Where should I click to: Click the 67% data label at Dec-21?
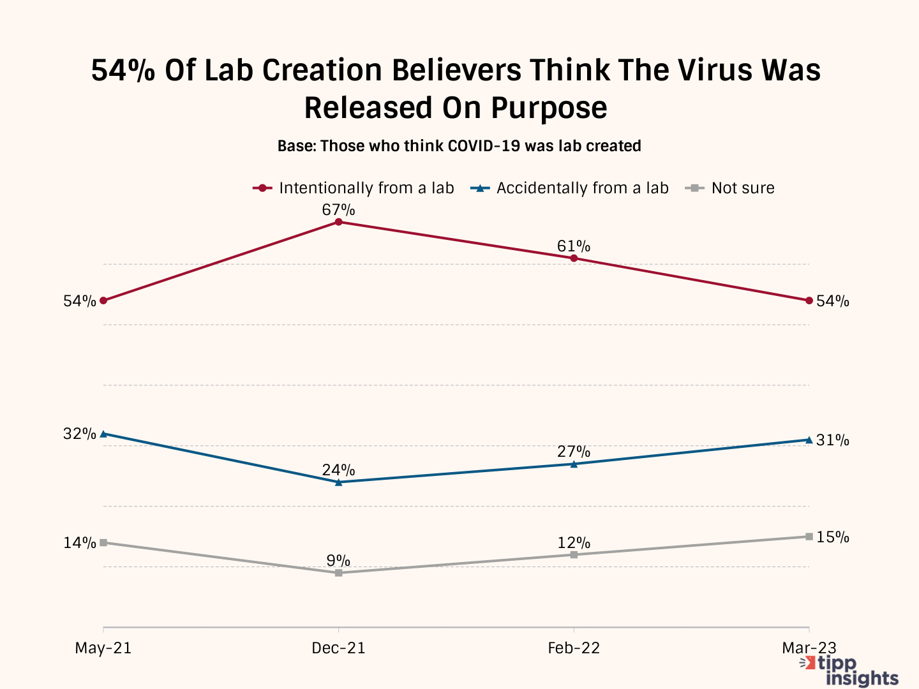click(x=338, y=210)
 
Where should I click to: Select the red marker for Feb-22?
click(x=574, y=258)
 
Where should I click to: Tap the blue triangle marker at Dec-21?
click(x=338, y=482)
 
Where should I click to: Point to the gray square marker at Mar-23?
click(x=809, y=537)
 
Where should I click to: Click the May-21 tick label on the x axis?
click(x=103, y=648)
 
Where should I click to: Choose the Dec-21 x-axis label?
click(x=338, y=648)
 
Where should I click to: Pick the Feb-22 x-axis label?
click(x=574, y=648)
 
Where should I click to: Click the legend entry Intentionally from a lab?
click(x=366, y=188)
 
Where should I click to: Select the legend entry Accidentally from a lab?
click(x=582, y=188)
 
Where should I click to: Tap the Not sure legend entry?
click(x=742, y=188)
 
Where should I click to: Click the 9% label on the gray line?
click(x=338, y=561)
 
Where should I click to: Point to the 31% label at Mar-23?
click(x=833, y=440)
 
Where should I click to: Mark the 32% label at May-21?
click(x=79, y=434)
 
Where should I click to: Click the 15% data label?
click(x=833, y=537)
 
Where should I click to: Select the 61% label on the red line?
click(x=574, y=246)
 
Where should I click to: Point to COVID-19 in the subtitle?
click(x=484, y=146)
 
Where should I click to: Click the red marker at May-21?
click(x=103, y=300)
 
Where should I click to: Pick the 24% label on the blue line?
click(x=338, y=470)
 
